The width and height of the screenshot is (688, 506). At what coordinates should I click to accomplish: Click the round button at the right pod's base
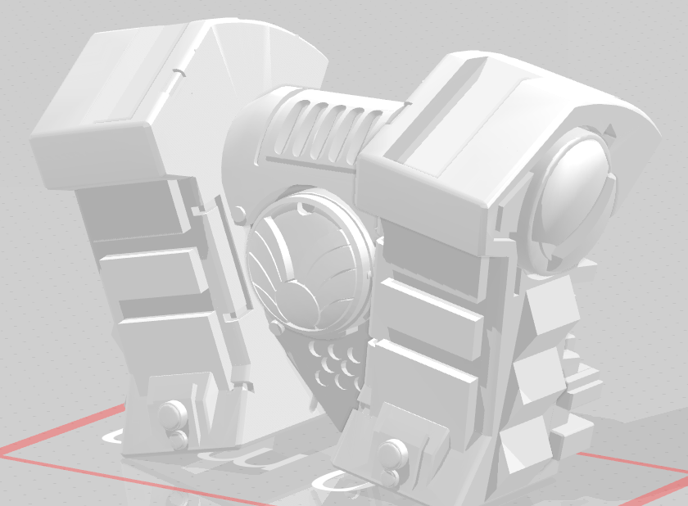[x=392, y=451]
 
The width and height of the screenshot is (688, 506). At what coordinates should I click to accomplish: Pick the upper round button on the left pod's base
[x=170, y=412]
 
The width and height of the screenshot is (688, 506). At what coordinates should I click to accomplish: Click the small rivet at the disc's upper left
[x=238, y=215]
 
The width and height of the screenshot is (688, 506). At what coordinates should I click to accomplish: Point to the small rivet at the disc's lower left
[x=276, y=328]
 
